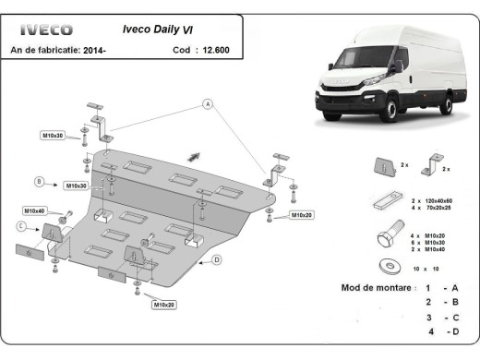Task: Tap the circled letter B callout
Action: (x=40, y=180)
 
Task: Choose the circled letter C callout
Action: (x=21, y=225)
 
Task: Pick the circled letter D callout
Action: (x=216, y=259)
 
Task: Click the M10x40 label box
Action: (x=35, y=210)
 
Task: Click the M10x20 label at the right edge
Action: (x=301, y=214)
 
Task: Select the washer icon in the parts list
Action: (x=383, y=267)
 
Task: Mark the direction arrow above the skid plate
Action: (x=194, y=155)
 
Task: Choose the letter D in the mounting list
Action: (x=453, y=330)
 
